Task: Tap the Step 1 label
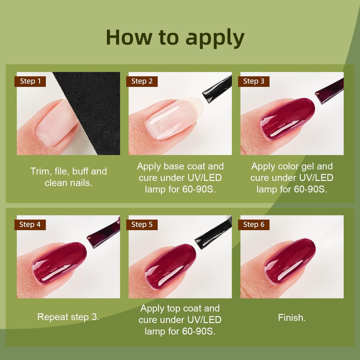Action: coord(30,82)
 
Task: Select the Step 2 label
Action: coord(142,82)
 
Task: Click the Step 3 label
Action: coord(254,82)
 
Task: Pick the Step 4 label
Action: coord(30,225)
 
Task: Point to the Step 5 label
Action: coord(142,225)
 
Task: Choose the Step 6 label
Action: coord(254,225)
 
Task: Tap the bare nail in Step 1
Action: coord(56,123)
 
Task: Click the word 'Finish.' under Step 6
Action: coord(292,318)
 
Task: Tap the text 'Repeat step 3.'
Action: coord(68,317)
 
